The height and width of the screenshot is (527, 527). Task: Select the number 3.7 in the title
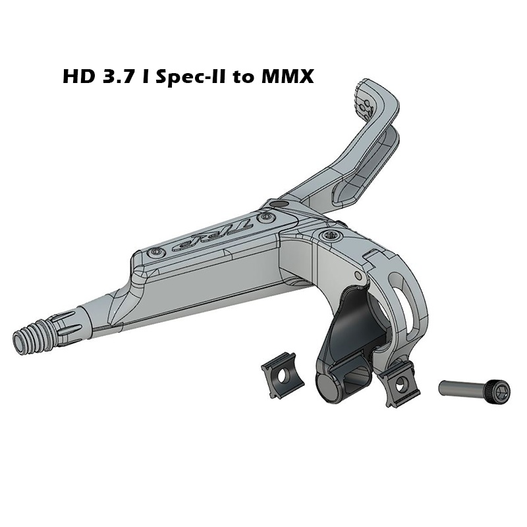117,76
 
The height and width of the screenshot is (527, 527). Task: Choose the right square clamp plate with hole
399,385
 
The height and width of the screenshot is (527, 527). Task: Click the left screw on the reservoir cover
155,252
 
